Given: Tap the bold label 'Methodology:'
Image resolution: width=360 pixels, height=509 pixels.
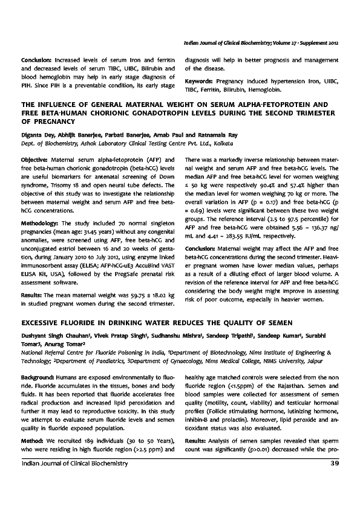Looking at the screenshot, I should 41,224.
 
